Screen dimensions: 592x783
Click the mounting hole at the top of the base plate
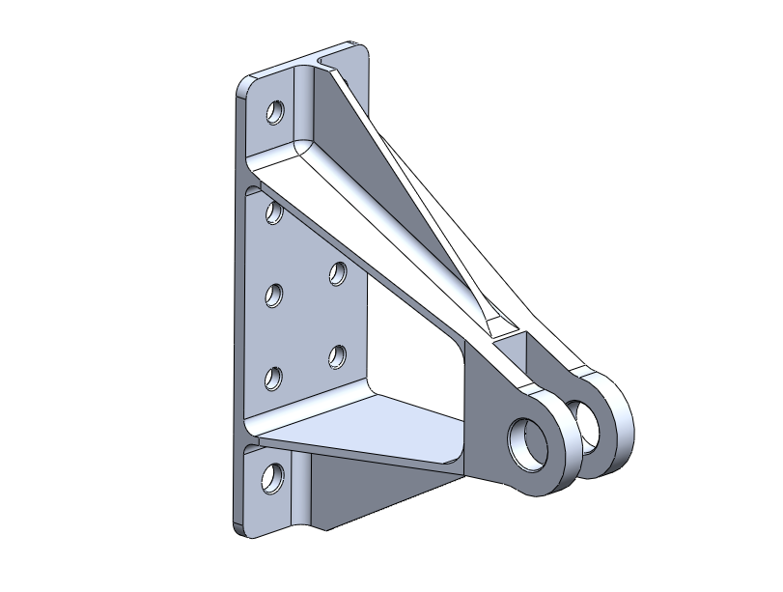coord(275,113)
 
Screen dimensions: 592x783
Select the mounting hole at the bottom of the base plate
coord(274,478)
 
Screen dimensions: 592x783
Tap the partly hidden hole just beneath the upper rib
coord(274,211)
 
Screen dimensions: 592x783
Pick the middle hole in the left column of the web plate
coord(274,294)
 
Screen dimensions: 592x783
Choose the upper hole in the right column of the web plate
coord(337,273)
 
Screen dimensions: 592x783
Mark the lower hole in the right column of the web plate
coord(337,356)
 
